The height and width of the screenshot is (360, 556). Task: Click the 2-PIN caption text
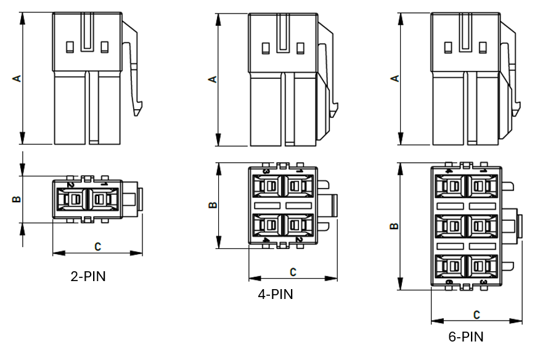(88, 276)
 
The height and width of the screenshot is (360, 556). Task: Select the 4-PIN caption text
(276, 294)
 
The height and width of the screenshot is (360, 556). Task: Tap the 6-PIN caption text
(466, 337)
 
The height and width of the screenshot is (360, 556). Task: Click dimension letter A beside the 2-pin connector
(17, 78)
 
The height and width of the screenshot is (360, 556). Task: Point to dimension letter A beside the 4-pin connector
(213, 79)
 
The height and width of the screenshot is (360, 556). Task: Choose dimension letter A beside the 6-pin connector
(396, 79)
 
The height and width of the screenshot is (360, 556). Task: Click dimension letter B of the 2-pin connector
(17, 199)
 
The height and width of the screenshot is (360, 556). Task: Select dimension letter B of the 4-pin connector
(213, 205)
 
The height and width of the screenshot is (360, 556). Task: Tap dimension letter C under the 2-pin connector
(97, 246)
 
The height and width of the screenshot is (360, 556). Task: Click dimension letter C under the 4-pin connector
(293, 271)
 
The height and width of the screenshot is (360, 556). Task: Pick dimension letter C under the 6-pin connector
(476, 314)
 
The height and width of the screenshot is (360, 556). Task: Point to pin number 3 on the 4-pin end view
(266, 171)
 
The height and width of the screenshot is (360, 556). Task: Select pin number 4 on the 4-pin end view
(266, 240)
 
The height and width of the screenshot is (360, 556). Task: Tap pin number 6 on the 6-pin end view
(449, 282)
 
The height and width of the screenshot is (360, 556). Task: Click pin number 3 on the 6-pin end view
(483, 282)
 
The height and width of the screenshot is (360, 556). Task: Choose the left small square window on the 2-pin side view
(70, 46)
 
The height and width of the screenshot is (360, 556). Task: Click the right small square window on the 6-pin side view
(483, 46)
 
